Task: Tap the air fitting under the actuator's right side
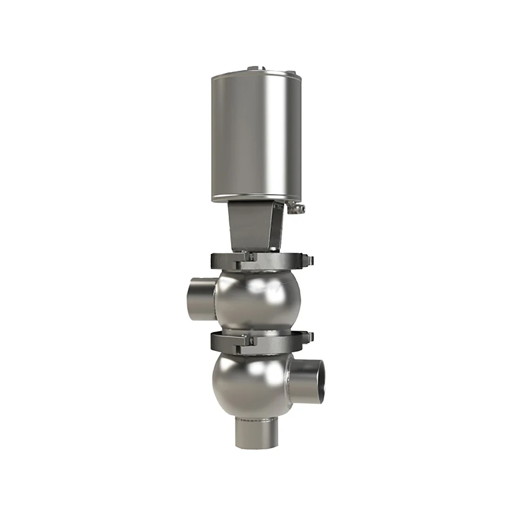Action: (297, 208)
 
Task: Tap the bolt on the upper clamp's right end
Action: (308, 260)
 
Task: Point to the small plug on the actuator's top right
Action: (291, 72)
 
